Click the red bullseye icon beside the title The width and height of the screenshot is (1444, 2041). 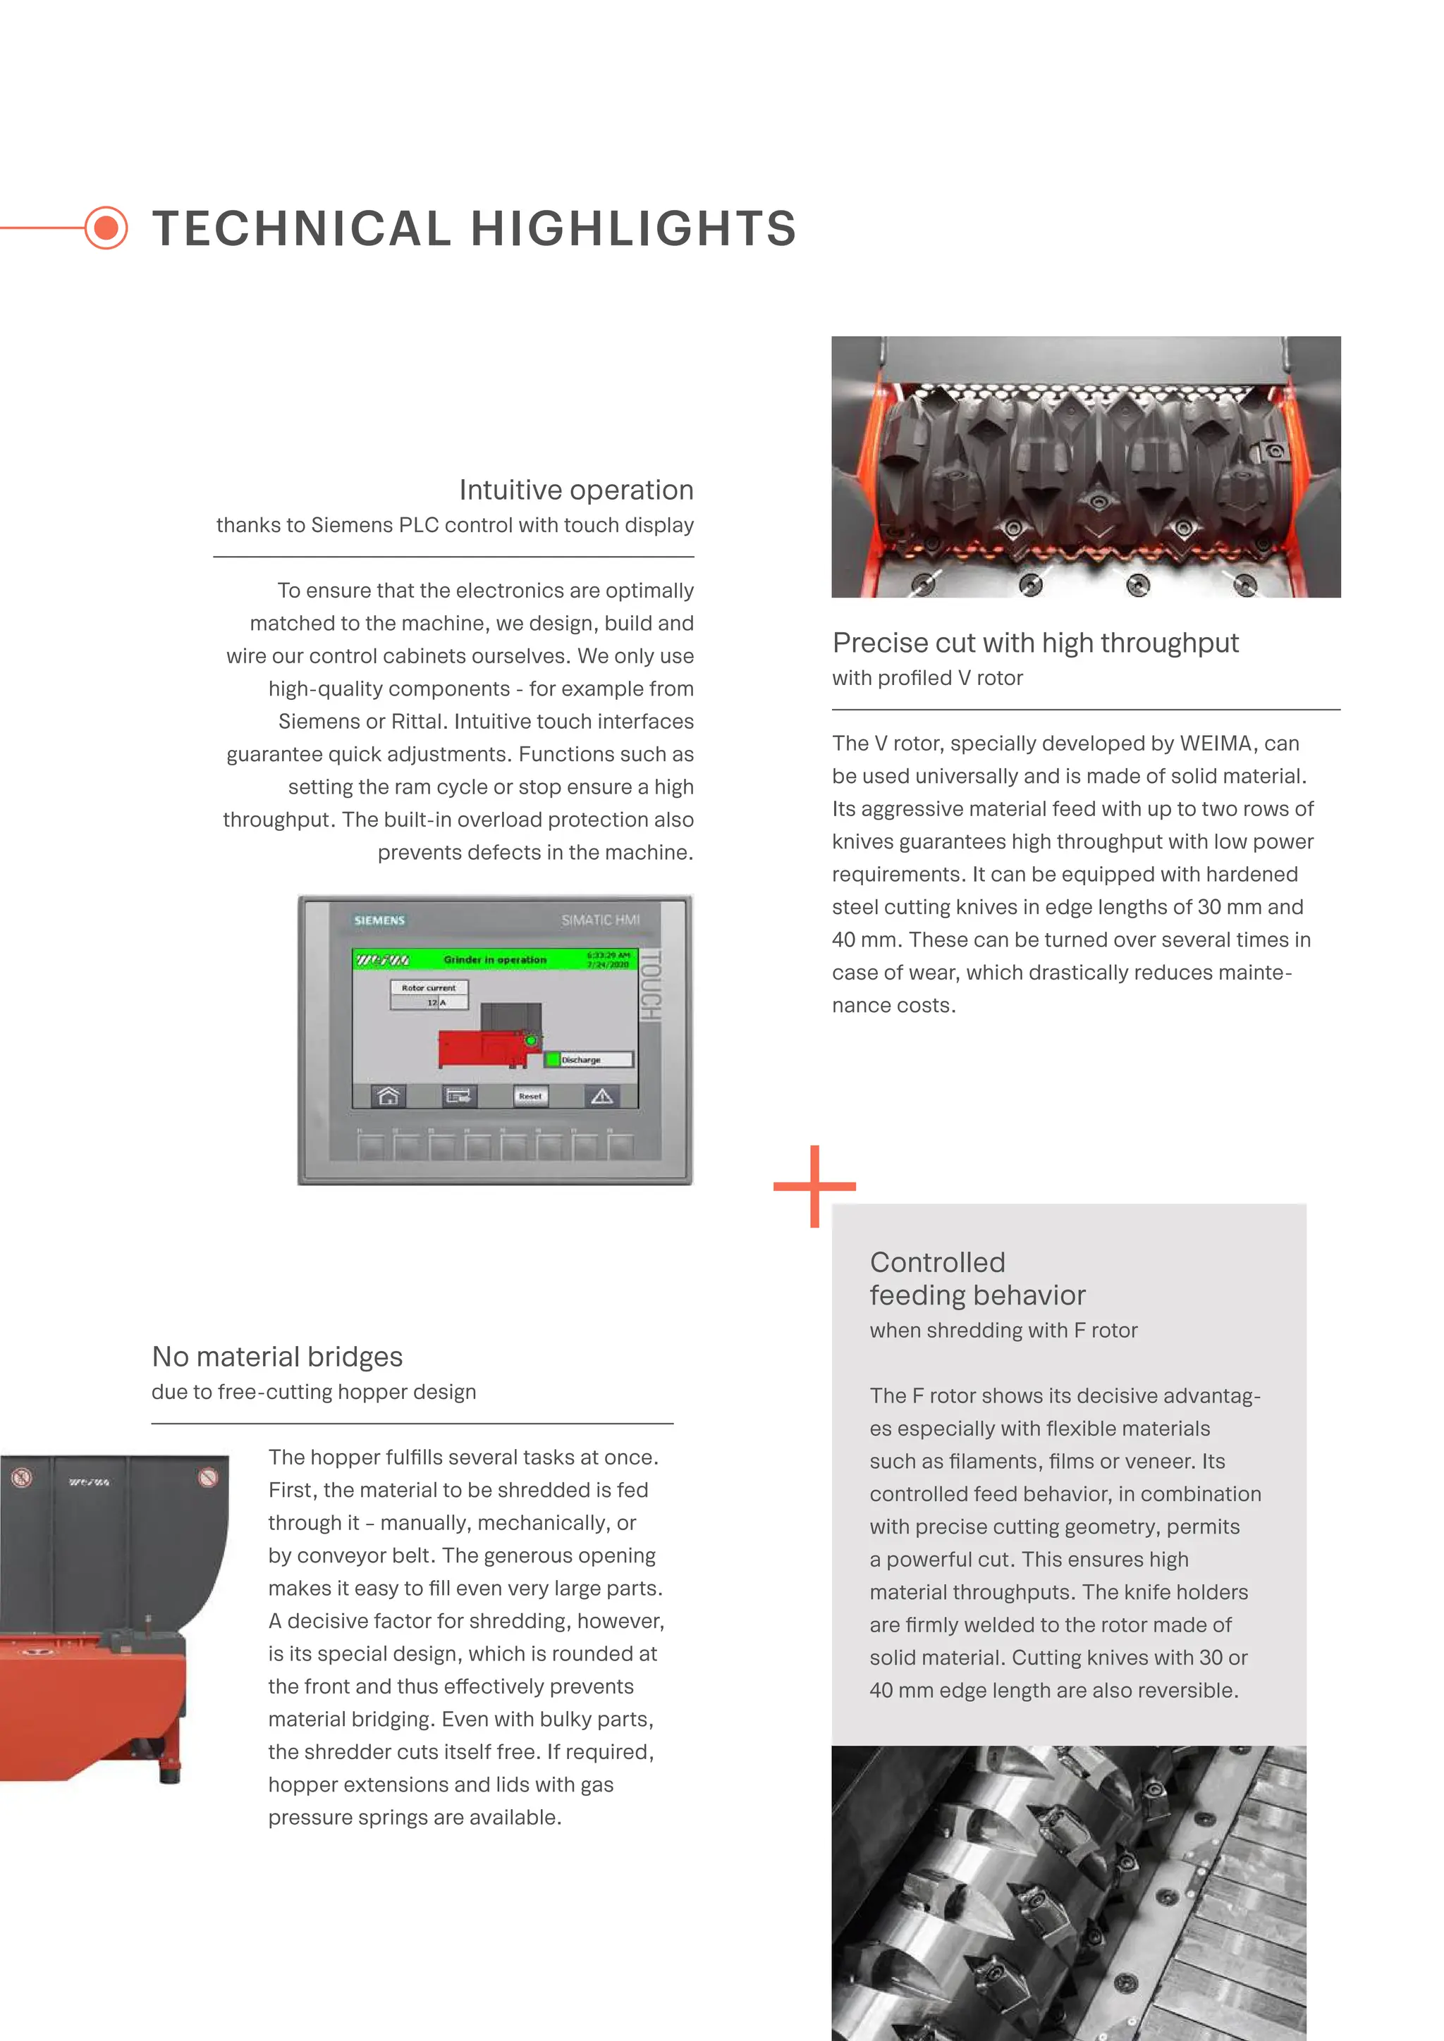coord(106,228)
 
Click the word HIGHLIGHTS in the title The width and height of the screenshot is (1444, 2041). coord(633,228)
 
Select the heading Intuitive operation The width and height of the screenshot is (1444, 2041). coord(575,490)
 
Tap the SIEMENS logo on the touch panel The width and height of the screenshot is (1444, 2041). coord(379,920)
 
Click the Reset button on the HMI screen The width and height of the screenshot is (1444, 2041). coord(530,1096)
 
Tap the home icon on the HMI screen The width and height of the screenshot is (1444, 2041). coord(388,1096)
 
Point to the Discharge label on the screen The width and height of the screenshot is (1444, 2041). coord(582,1059)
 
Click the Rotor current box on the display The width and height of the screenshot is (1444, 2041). coord(429,994)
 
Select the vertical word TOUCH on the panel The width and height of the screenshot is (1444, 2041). coord(651,986)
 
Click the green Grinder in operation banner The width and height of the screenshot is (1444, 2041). coord(494,960)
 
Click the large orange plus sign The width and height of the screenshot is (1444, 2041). coord(814,1186)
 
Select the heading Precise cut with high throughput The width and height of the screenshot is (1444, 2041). coord(1035,643)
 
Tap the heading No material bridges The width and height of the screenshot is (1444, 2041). coord(277,1357)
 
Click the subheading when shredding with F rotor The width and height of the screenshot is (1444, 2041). coord(1003,1331)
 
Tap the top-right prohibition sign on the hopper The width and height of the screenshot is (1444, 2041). coord(208,1477)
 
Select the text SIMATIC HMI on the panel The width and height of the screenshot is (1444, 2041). coord(600,920)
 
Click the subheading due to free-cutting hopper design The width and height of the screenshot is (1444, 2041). coord(314,1392)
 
